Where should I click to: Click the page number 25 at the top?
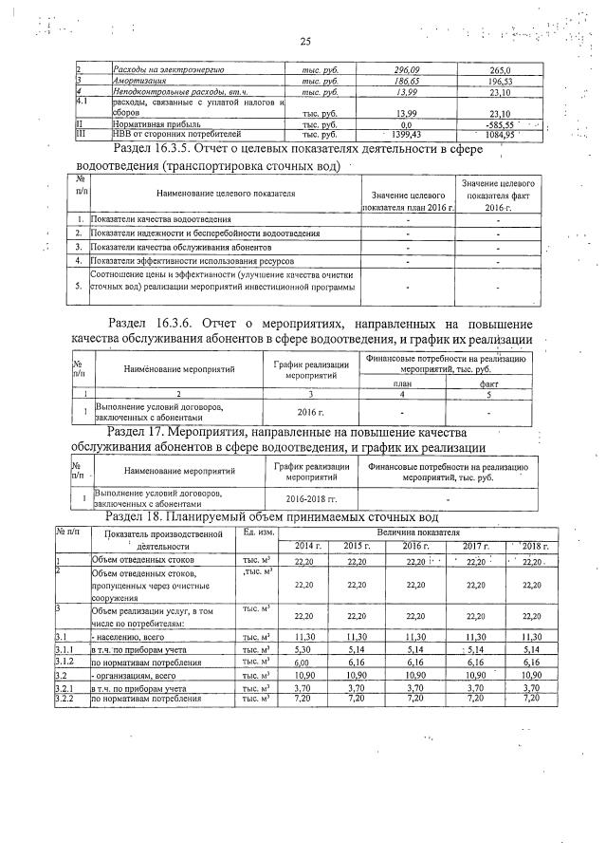pos(304,41)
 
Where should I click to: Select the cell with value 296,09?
pos(405,70)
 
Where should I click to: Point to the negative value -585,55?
pos(495,124)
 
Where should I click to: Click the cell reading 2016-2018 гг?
pos(311,497)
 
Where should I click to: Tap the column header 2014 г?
pos(307,548)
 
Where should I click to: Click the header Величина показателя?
pos(414,533)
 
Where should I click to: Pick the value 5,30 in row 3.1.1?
pos(304,649)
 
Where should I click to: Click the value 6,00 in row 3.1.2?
pos(304,663)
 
